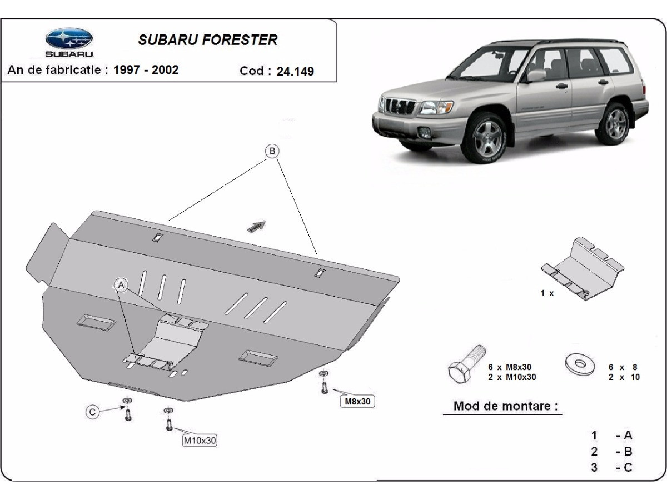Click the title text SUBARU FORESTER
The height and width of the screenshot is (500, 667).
207,40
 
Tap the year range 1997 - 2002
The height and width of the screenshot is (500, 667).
146,69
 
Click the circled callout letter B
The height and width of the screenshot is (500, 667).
272,151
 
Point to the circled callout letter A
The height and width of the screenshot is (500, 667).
121,285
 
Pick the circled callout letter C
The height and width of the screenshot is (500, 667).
93,412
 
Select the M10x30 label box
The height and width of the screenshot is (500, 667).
200,441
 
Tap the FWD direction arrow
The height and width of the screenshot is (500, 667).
257,226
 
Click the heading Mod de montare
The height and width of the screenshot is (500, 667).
505,406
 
